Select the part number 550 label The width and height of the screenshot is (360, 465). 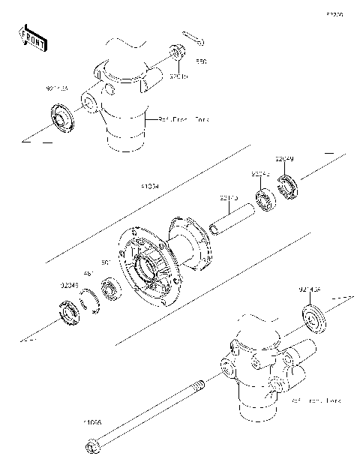[201, 61]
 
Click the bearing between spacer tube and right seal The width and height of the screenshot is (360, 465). [264, 199]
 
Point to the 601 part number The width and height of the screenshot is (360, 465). [106, 262]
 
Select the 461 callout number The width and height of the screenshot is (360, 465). [88, 274]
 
